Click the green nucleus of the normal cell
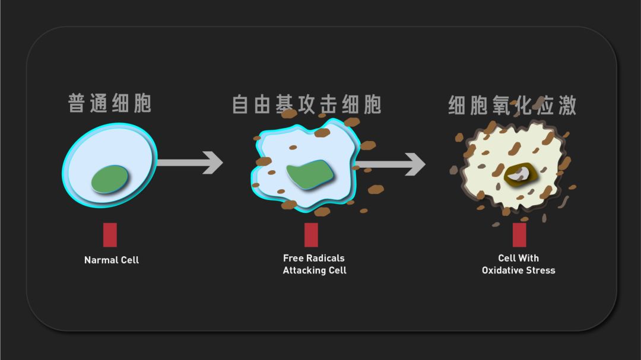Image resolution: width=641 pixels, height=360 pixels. [x=110, y=179]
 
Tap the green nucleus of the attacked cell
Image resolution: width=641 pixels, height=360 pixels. [x=310, y=174]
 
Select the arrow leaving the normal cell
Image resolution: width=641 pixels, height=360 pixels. [x=190, y=163]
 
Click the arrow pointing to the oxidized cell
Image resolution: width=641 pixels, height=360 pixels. [x=391, y=164]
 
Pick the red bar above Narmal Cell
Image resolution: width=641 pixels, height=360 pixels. [x=110, y=235]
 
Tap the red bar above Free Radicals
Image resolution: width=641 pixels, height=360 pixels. [x=311, y=235]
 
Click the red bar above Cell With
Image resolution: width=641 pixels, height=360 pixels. [x=519, y=235]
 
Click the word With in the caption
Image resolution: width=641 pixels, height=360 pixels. [x=529, y=258]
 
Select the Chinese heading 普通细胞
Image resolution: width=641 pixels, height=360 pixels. [x=110, y=103]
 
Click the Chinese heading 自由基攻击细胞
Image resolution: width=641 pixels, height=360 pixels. [x=307, y=104]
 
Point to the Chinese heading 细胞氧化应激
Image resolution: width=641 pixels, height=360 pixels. [x=512, y=105]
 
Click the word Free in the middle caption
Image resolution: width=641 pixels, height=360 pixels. [x=293, y=258]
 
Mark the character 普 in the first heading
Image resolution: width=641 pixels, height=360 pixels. [x=76, y=103]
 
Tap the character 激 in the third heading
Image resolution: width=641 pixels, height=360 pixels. [x=567, y=105]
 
